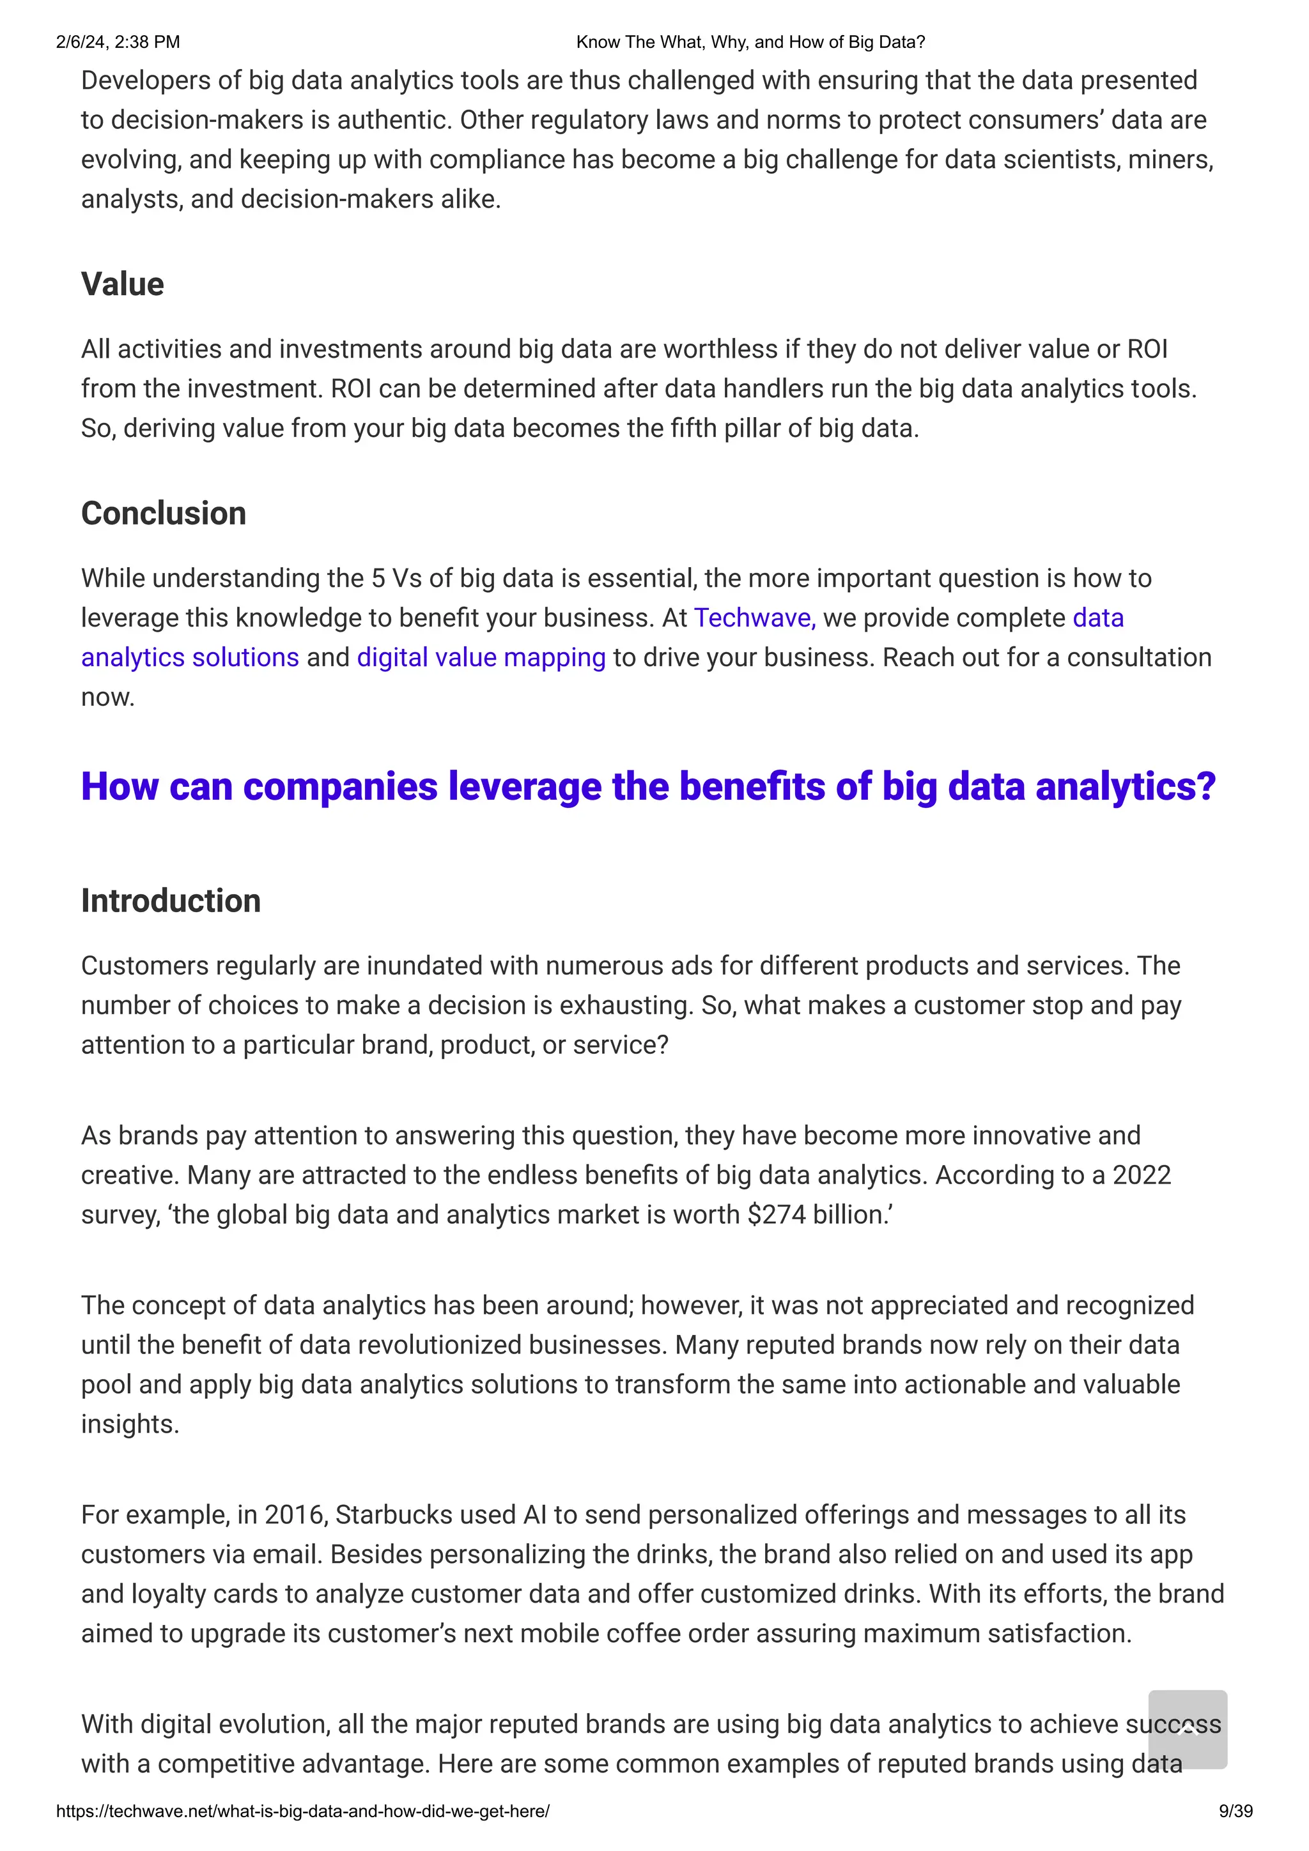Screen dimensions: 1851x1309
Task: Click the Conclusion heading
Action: click(x=163, y=514)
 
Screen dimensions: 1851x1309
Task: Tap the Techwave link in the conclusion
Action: click(x=754, y=618)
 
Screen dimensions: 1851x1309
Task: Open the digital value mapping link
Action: click(x=481, y=657)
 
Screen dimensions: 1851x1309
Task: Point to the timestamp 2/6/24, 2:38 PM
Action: click(x=118, y=42)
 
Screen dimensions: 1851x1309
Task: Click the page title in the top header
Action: click(x=750, y=42)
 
